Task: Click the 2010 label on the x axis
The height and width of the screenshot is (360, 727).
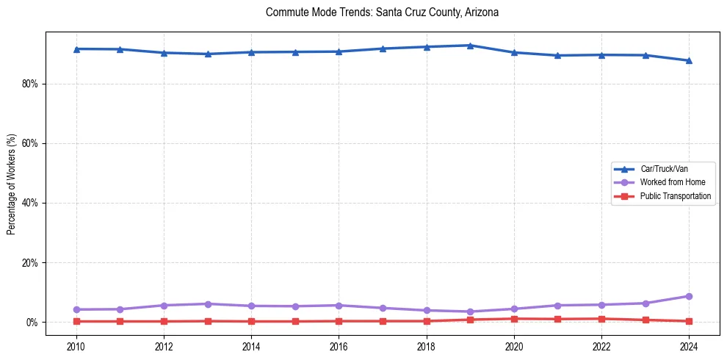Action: [76, 345]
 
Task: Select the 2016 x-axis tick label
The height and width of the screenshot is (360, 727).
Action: [339, 345]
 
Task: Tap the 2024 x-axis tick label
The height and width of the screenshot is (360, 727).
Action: [689, 345]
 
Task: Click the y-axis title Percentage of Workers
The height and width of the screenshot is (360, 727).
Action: [12, 184]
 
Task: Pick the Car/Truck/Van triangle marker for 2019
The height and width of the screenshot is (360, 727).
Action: [470, 46]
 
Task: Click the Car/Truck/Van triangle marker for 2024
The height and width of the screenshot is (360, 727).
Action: [689, 60]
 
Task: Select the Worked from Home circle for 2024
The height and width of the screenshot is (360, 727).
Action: [689, 296]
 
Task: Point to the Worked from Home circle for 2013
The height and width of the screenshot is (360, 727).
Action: [207, 304]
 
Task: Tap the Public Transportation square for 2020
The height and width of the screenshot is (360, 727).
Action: [514, 319]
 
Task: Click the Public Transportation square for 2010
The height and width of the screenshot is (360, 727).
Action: [76, 321]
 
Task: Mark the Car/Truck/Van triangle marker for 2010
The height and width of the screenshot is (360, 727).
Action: [76, 48]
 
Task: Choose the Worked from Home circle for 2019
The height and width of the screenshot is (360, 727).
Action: [470, 312]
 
